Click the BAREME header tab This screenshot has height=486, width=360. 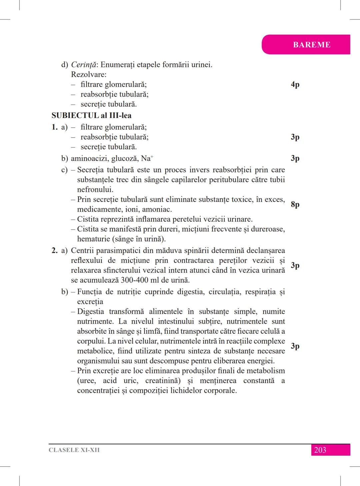pos(311,45)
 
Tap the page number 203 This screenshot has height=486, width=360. pos(320,450)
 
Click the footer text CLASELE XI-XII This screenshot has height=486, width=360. pos(74,450)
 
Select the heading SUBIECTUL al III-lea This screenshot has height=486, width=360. pos(91,116)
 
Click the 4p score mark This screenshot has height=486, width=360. pos(295,84)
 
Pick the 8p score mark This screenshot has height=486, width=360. pos(295,204)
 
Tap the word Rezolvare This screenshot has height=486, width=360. pos(88,74)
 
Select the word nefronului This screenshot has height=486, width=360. pos(95,190)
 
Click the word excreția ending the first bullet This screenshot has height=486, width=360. pos(90,302)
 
